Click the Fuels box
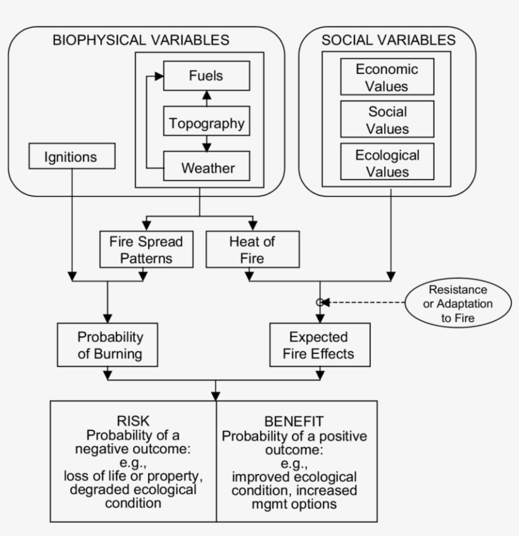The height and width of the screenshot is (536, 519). (x=206, y=76)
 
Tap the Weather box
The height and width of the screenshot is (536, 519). (x=206, y=167)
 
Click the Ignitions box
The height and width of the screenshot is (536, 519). (x=72, y=155)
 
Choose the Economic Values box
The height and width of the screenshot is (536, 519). (x=387, y=77)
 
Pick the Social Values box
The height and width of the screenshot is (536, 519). (x=387, y=120)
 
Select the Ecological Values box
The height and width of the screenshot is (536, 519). (x=387, y=163)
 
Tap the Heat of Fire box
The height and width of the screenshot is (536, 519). (x=253, y=250)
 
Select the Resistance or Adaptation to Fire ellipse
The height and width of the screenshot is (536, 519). (x=458, y=303)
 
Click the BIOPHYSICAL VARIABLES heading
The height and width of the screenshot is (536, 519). (x=141, y=40)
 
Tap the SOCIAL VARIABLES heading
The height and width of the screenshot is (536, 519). (x=388, y=40)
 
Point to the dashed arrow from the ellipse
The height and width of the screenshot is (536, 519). (x=367, y=303)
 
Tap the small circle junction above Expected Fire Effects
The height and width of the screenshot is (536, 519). (x=320, y=303)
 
